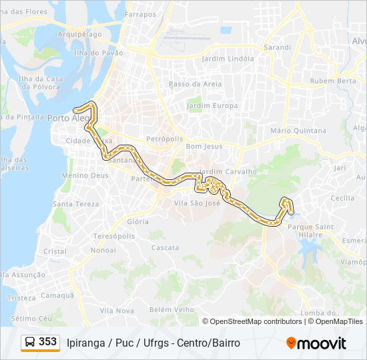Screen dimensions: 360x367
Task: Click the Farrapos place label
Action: [x=139, y=13]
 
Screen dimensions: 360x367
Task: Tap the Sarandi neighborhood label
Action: [x=278, y=47]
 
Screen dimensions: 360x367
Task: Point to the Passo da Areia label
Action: [x=195, y=84]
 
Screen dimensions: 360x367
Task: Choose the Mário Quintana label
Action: [x=298, y=131]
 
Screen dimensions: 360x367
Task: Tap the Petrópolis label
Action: [x=164, y=139]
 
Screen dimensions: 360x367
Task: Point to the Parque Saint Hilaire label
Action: [x=310, y=230]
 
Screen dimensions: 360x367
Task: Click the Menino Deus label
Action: [x=85, y=175]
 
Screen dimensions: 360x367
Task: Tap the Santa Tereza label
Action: [x=76, y=204]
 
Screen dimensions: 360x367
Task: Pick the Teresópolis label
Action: [x=114, y=236]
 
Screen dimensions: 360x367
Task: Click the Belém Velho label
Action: [x=171, y=309]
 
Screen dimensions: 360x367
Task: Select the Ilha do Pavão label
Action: [x=99, y=53]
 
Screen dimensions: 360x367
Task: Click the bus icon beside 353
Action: [x=30, y=343]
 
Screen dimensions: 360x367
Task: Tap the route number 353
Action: [x=48, y=342]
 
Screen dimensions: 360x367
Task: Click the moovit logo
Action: [x=316, y=343]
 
